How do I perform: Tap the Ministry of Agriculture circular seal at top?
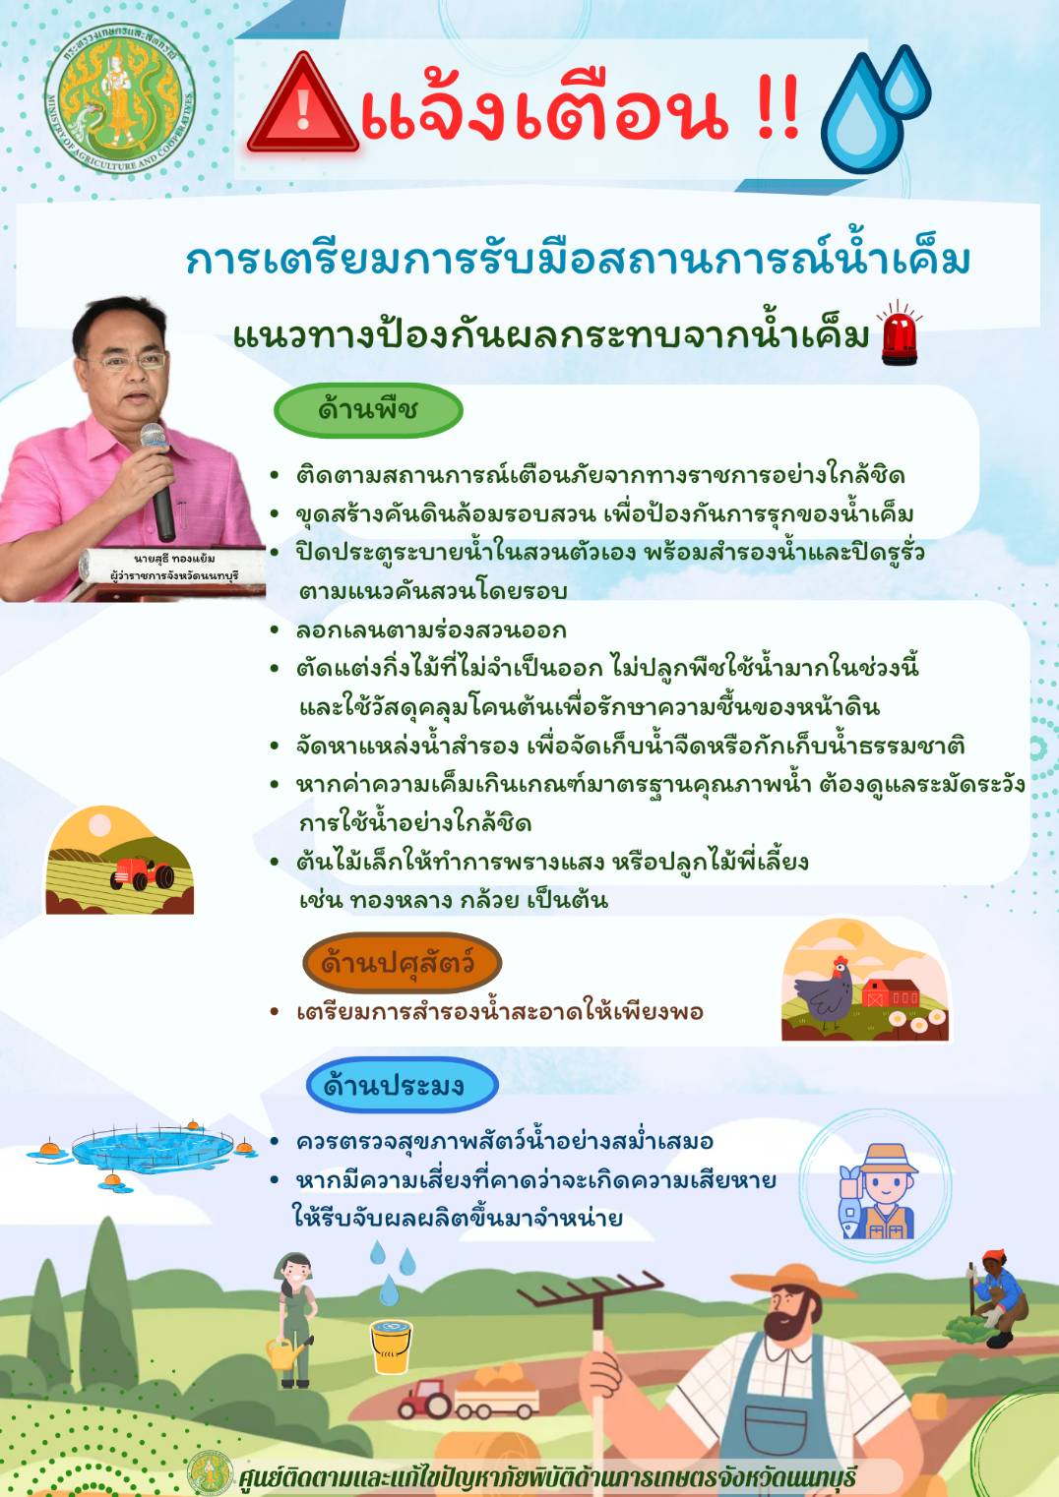click(120, 99)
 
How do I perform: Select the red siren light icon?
click(900, 332)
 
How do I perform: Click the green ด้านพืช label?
click(368, 410)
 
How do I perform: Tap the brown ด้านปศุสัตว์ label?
click(402, 963)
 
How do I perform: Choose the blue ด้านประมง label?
click(403, 1085)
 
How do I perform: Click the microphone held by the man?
click(159, 481)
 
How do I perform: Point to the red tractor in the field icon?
click(141, 872)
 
